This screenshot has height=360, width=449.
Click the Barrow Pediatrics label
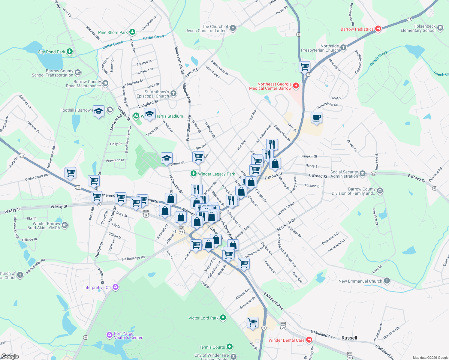(x=357, y=29)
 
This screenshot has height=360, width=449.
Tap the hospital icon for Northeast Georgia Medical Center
(x=296, y=86)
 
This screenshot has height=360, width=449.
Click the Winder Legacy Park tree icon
(x=194, y=174)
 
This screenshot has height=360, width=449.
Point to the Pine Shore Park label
(x=113, y=32)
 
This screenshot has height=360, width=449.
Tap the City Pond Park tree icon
(x=70, y=52)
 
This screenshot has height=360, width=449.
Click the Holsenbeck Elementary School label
(x=418, y=28)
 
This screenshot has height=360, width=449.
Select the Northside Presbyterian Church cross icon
(x=343, y=47)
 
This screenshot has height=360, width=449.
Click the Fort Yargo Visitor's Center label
(x=124, y=335)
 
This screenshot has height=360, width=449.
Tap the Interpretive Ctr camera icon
(x=116, y=287)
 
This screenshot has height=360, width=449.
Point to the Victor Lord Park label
(x=203, y=318)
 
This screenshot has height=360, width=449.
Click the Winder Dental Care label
(x=286, y=340)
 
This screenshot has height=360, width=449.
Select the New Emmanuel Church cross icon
(x=387, y=281)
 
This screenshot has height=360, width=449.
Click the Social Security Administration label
(x=344, y=174)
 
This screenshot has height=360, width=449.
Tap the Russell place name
(x=349, y=338)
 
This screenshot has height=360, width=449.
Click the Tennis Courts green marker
(x=230, y=347)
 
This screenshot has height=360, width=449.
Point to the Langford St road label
(x=148, y=104)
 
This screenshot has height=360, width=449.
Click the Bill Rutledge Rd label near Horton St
(x=133, y=258)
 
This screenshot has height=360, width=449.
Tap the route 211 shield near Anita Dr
(x=22, y=156)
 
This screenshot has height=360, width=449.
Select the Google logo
(x=10, y=356)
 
